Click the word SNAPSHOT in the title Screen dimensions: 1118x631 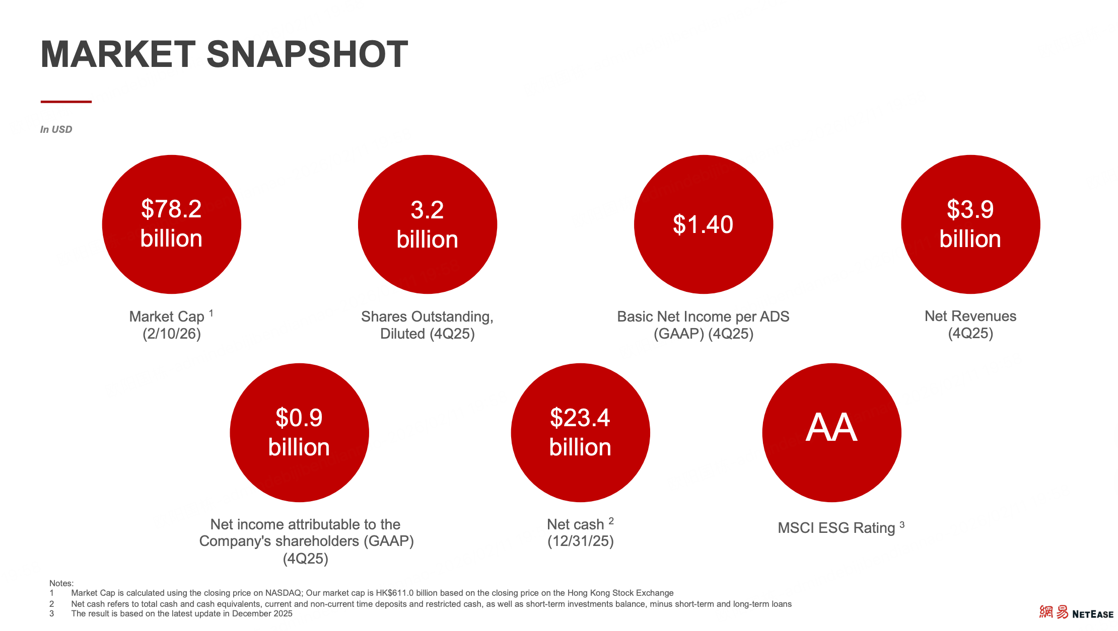pos(307,54)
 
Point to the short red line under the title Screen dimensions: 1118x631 pos(66,102)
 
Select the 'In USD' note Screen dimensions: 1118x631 pos(56,129)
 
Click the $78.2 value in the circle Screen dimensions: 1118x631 pos(171,209)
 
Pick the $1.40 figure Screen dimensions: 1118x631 pos(703,224)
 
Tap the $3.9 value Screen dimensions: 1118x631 pos(970,209)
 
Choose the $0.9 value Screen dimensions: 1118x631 pos(299,418)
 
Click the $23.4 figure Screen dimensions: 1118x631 pos(580,418)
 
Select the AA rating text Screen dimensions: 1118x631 pos(831,428)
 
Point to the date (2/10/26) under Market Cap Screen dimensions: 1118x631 pos(172,334)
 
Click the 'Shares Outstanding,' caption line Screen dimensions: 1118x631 pos(427,317)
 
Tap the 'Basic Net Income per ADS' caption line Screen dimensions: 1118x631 pos(703,317)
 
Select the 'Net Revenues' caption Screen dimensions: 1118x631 pos(970,316)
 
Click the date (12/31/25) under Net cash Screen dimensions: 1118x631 pos(581,541)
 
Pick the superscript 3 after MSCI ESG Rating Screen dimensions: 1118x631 pos(902,525)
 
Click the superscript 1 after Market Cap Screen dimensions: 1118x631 pos(211,313)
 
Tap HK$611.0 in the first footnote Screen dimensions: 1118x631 pos(394,593)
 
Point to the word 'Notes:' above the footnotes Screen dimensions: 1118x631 pos(61,583)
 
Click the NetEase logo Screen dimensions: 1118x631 pos(1076,612)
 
